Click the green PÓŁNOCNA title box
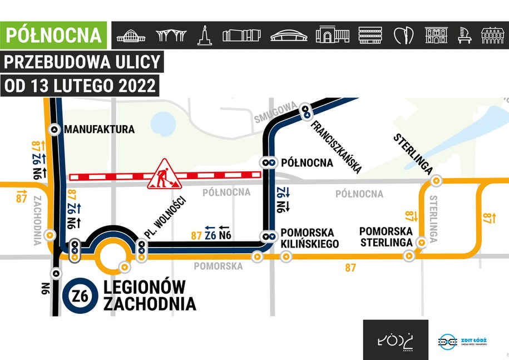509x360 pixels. [54, 34]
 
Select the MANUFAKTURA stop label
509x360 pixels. [99, 130]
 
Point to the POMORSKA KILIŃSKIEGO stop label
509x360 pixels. [307, 237]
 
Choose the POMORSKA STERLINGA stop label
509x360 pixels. [386, 236]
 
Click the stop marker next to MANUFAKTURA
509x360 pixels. [54, 129]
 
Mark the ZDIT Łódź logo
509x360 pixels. [468, 341]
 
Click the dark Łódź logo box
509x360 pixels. [396, 339]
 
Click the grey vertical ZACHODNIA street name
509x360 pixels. [37, 220]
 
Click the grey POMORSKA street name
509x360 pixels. [218, 267]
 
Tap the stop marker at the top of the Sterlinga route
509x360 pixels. [437, 180]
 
